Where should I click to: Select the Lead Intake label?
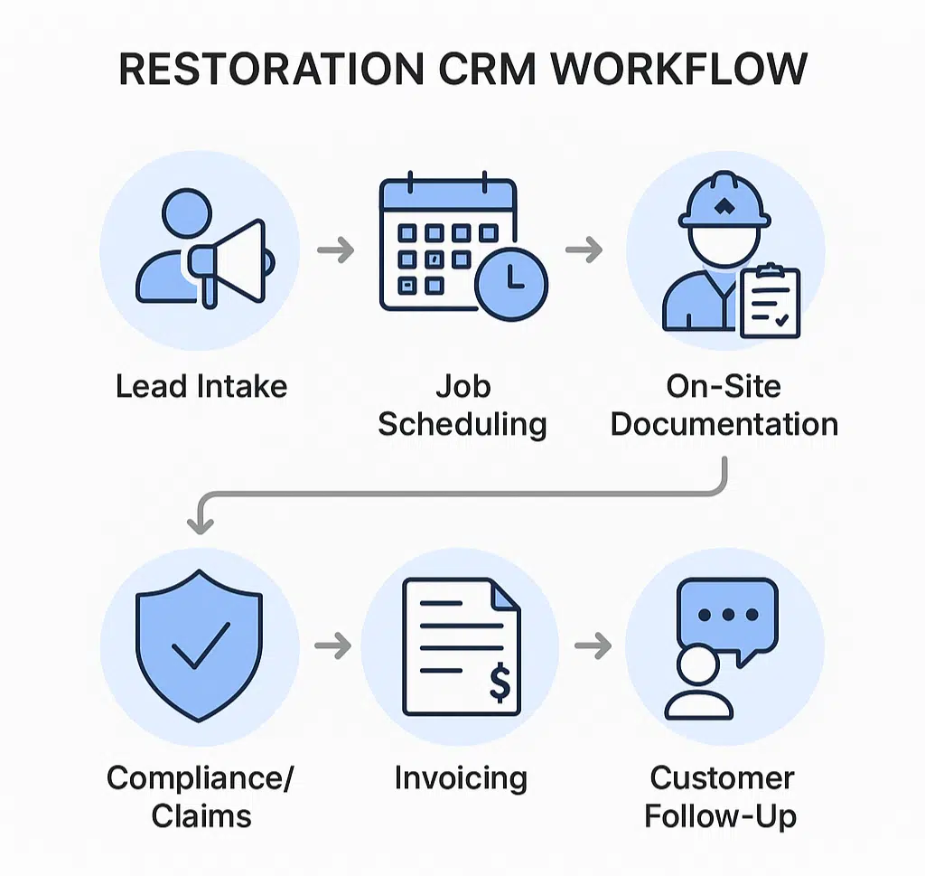(201, 387)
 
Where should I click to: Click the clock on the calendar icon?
(511, 281)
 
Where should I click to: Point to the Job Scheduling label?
(462, 405)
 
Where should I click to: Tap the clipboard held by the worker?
(770, 301)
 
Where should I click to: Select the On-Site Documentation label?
(724, 405)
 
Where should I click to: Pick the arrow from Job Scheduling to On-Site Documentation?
(584, 250)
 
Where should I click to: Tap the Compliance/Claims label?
(201, 797)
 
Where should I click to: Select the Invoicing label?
(461, 778)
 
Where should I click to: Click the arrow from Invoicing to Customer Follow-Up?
(593, 645)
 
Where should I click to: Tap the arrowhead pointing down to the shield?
(200, 522)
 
